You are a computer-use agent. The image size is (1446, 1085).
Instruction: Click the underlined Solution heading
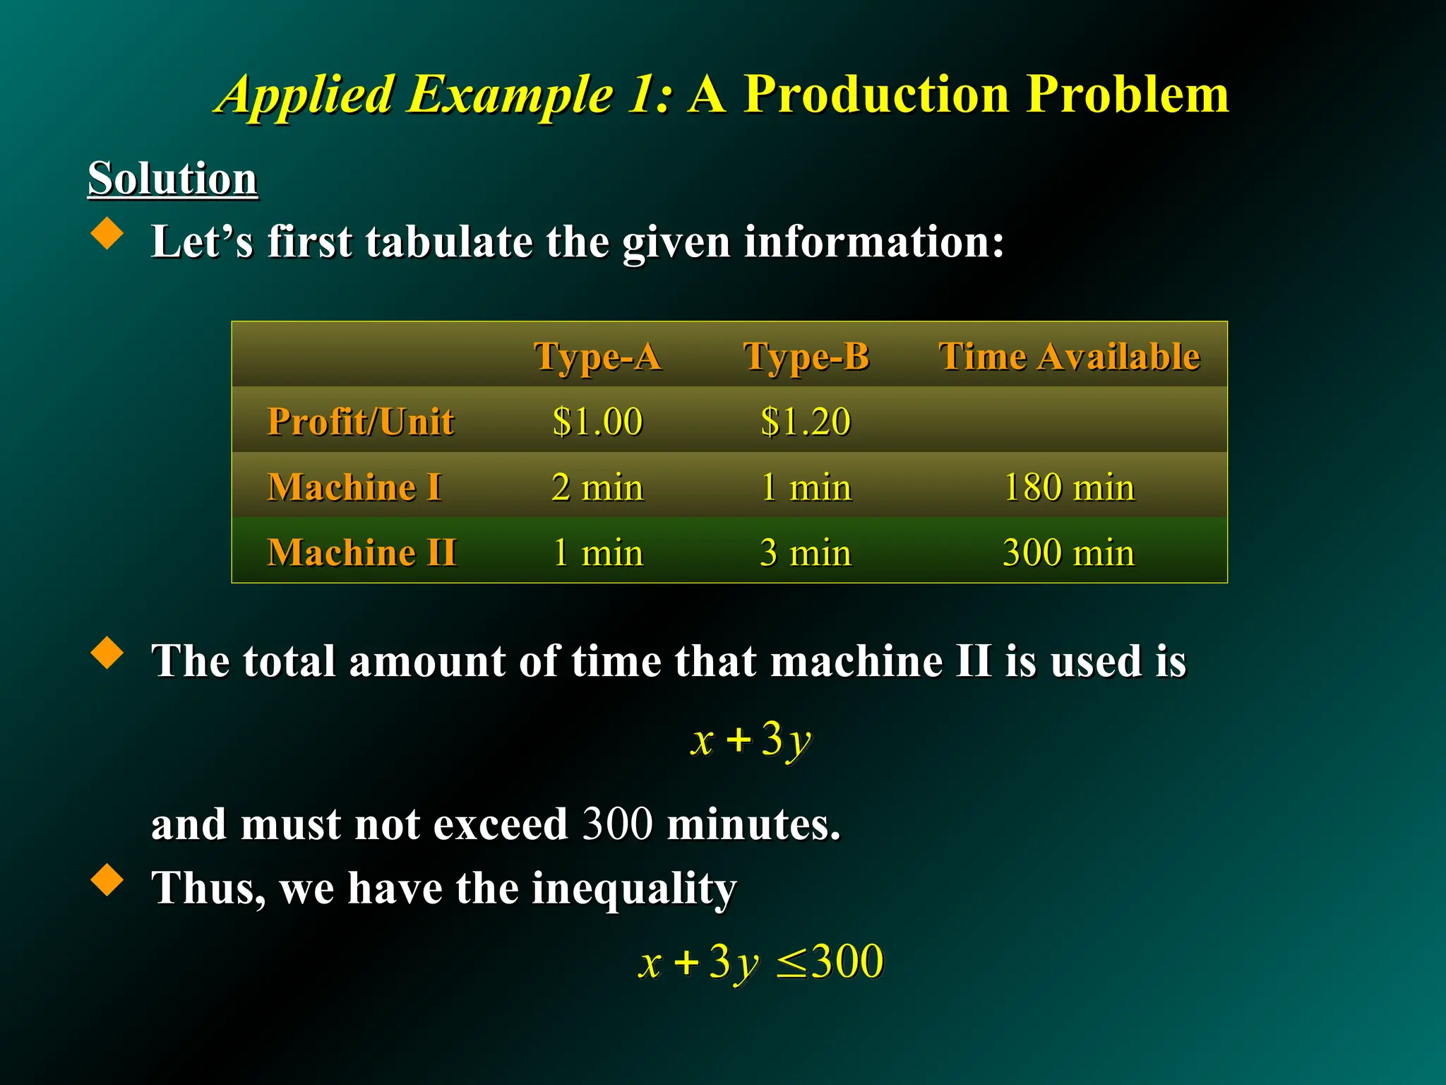[x=172, y=178]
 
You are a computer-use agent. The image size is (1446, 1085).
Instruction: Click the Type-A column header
[x=597, y=356]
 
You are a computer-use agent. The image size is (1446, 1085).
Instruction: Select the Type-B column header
[x=806, y=356]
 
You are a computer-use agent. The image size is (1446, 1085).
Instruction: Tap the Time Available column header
[x=1069, y=356]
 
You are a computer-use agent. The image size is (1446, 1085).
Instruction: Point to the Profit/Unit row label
[x=361, y=422]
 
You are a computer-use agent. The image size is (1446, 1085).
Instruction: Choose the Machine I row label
[x=354, y=487]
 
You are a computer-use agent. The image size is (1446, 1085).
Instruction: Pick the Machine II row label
[x=361, y=552]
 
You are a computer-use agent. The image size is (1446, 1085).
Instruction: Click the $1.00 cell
[x=597, y=422]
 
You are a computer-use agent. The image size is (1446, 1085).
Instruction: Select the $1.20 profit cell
[x=806, y=422]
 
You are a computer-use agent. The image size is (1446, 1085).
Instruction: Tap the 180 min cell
[x=1069, y=487]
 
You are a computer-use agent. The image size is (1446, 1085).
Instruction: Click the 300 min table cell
[x=1069, y=552]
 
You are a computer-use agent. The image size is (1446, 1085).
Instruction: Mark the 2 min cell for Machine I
[x=597, y=487]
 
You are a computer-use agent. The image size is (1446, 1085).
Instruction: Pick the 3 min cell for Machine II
[x=806, y=552]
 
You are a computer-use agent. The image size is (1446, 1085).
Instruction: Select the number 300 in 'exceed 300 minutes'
[x=617, y=824]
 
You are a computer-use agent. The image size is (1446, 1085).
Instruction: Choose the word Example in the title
[x=510, y=95]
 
